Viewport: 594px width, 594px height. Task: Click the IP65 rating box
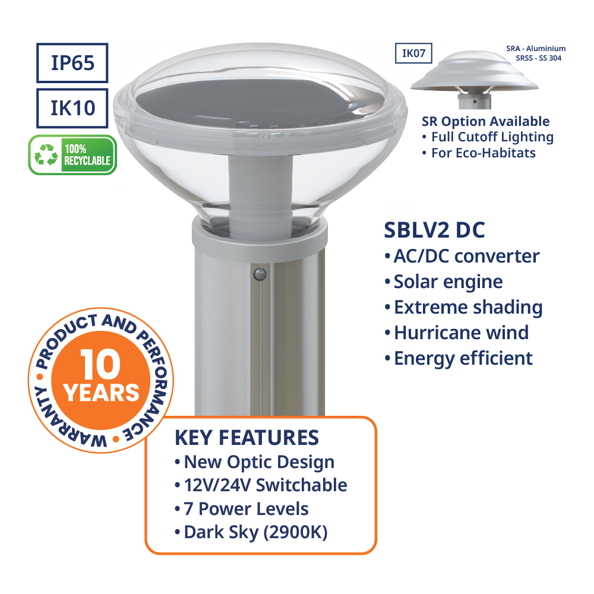pos(72,63)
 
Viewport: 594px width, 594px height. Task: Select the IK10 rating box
pos(72,108)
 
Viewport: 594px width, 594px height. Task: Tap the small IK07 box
pos(413,53)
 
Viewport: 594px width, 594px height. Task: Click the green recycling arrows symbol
pos(46,155)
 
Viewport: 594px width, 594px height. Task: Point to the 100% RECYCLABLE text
pos(87,155)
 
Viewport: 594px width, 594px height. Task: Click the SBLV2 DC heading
pos(434,230)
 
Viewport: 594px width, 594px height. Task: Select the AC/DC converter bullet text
pos(466,256)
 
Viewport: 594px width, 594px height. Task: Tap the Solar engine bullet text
pos(448,282)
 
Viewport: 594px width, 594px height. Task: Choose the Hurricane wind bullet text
pos(461,333)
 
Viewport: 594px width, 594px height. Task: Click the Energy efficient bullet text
pos(463,358)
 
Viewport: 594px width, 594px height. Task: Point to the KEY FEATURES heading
pos(247,438)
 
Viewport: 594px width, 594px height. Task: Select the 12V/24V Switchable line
pos(265,485)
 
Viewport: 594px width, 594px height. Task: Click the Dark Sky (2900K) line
pos(255,532)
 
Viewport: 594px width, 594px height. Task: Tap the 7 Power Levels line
pos(246,509)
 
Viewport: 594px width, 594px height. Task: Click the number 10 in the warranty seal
pos(100,364)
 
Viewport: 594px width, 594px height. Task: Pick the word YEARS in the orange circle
pos(101,393)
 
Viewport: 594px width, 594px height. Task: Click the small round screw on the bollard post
pos(260,274)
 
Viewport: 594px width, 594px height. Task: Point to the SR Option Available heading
pos(485,121)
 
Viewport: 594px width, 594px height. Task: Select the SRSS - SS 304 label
pos(538,58)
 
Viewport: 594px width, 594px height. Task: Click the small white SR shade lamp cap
pos(474,78)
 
